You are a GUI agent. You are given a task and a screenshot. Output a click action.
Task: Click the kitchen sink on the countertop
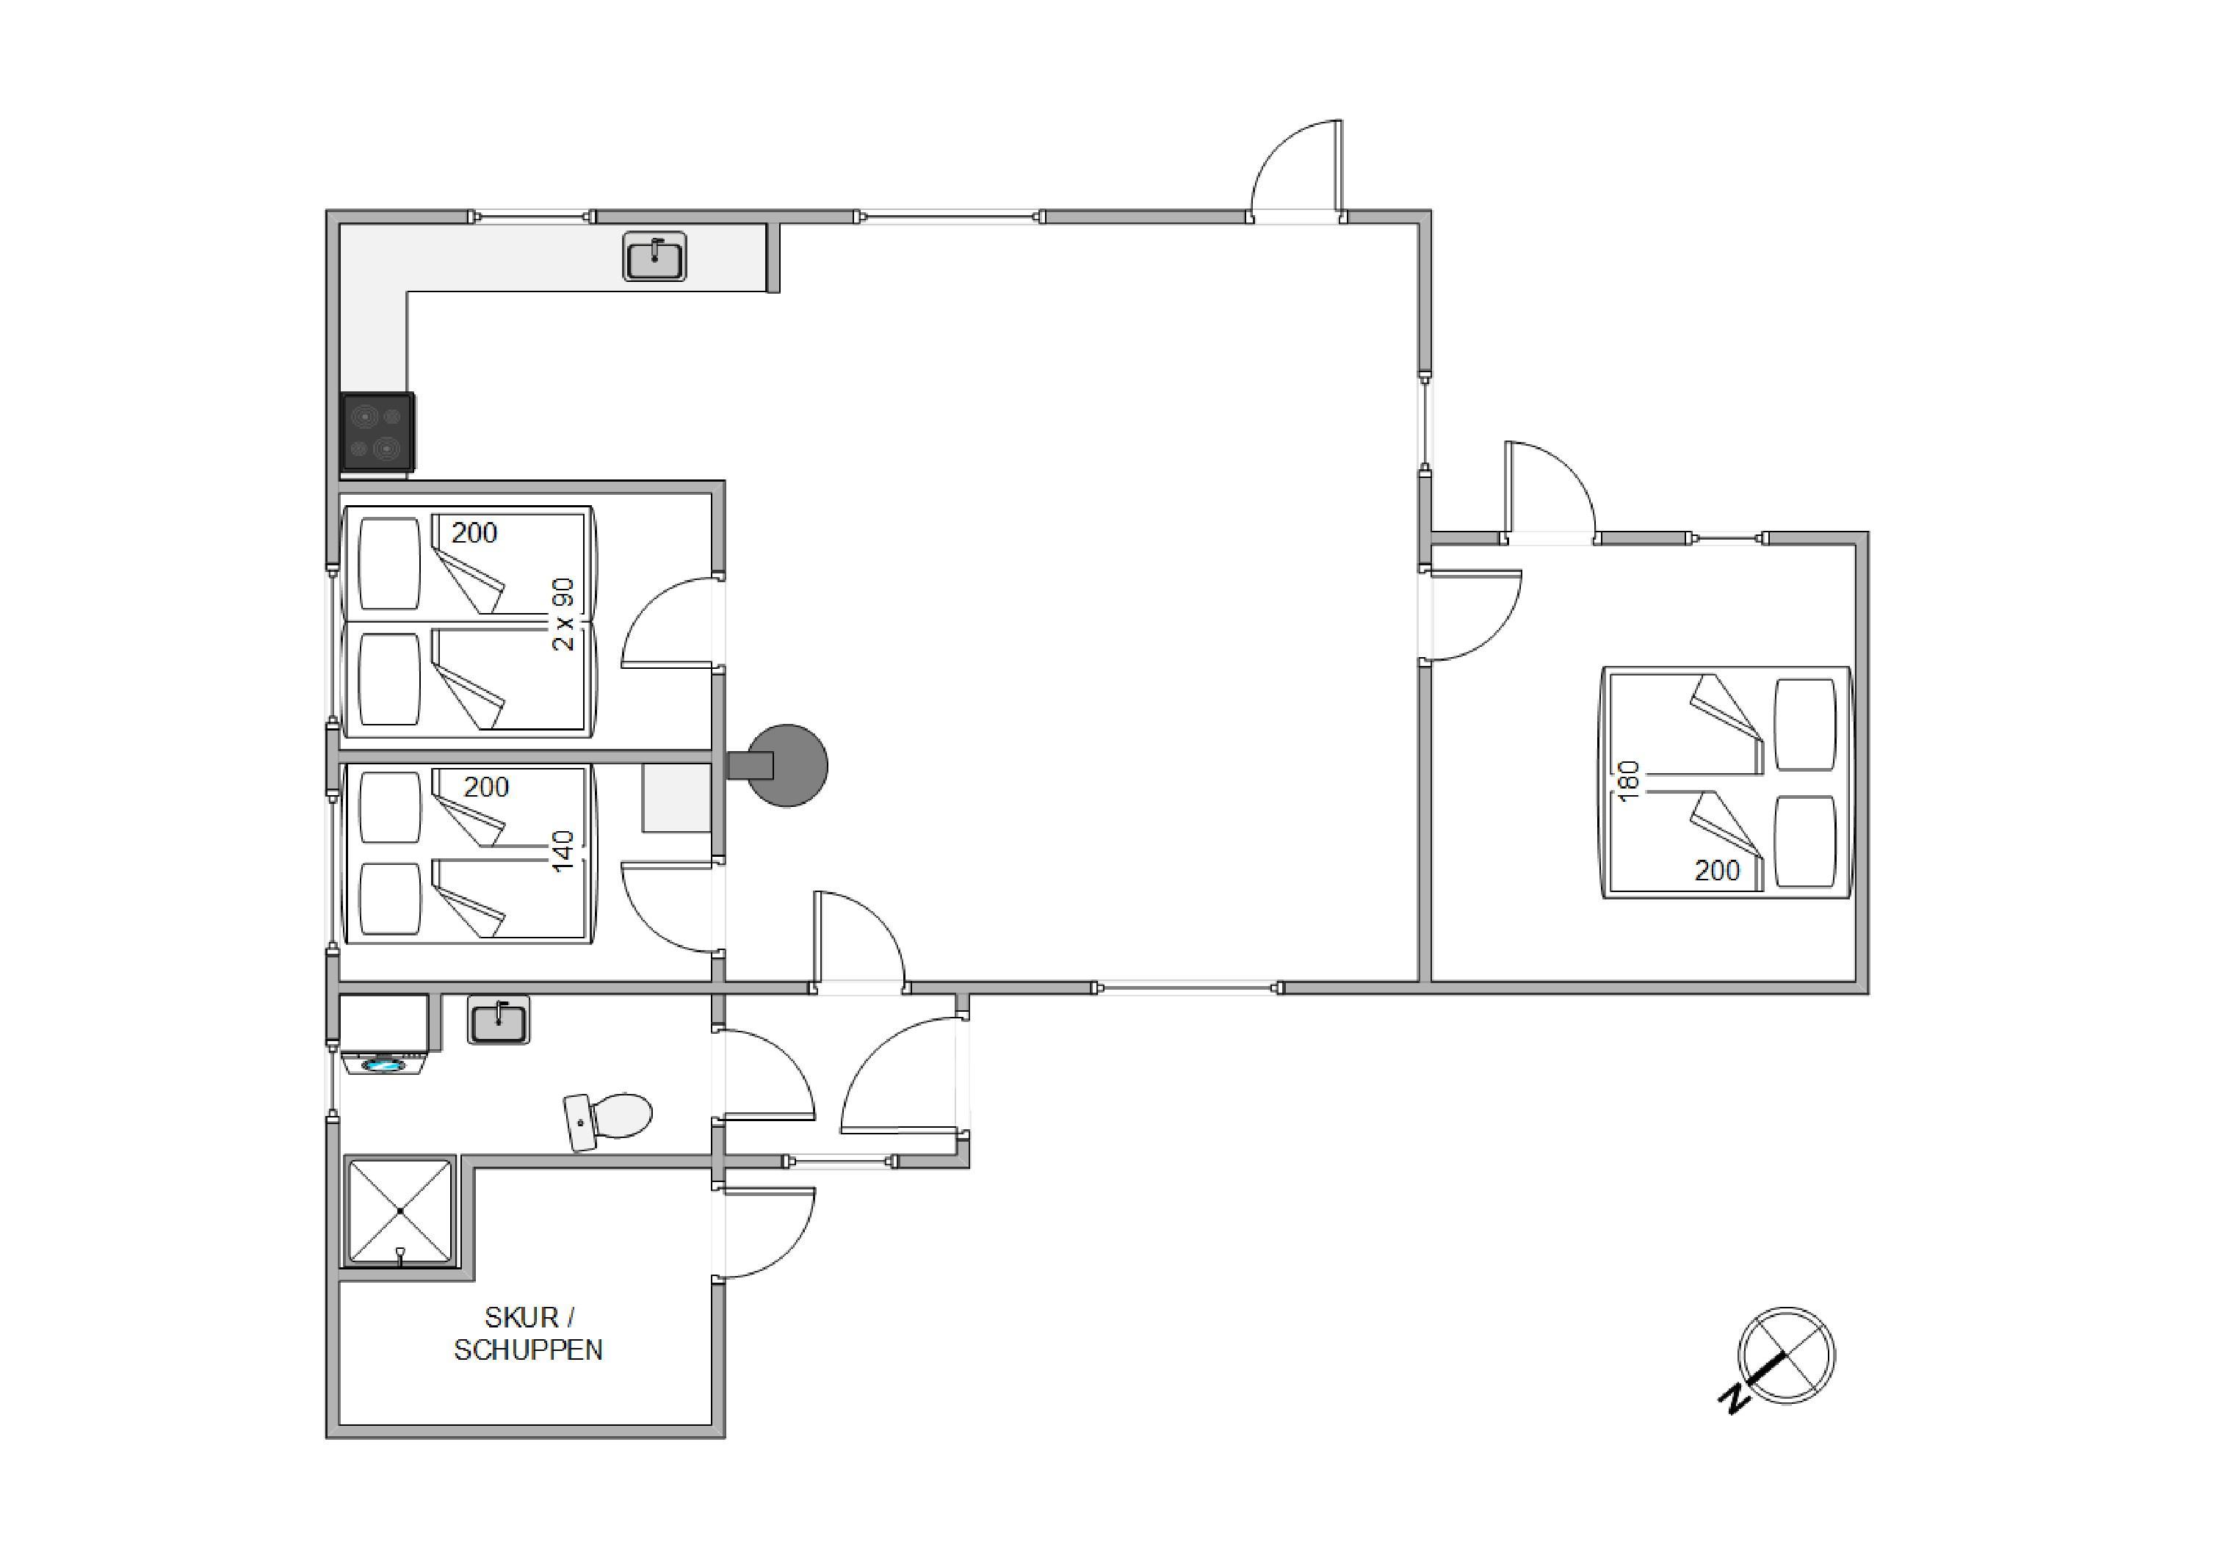pos(654,257)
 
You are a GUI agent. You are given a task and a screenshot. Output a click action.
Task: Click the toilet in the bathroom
pos(608,1121)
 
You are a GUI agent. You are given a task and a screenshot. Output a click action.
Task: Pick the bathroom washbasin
pos(499,1020)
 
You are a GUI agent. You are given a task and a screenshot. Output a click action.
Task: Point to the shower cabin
pos(399,1211)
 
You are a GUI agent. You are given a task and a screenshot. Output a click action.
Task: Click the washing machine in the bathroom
pos(385,1035)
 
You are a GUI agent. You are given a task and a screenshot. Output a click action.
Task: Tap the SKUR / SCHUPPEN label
pos(528,1334)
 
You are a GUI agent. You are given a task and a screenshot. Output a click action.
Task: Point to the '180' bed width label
pos(1630,781)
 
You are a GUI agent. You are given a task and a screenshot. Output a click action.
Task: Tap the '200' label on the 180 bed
pos(1717,871)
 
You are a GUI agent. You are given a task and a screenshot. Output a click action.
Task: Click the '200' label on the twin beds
pos(474,532)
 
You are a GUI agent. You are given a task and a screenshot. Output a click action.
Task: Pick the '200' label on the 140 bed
pos(485,787)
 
